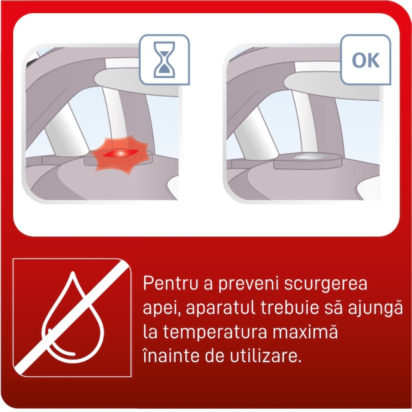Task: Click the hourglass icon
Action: coord(164,60)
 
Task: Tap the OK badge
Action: coord(366,60)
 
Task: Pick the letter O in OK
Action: coord(359,60)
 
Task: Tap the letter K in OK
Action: coord(373,60)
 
